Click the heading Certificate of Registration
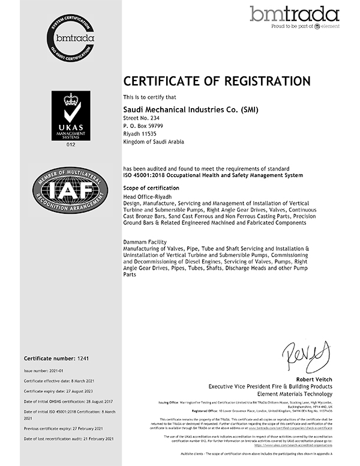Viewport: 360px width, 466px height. pos(217,81)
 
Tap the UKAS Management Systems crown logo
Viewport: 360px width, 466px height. pos(71,115)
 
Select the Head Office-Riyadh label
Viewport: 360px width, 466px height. pos(146,197)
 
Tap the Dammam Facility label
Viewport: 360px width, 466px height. pos(143,240)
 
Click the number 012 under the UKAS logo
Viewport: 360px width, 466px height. pos(71,145)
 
